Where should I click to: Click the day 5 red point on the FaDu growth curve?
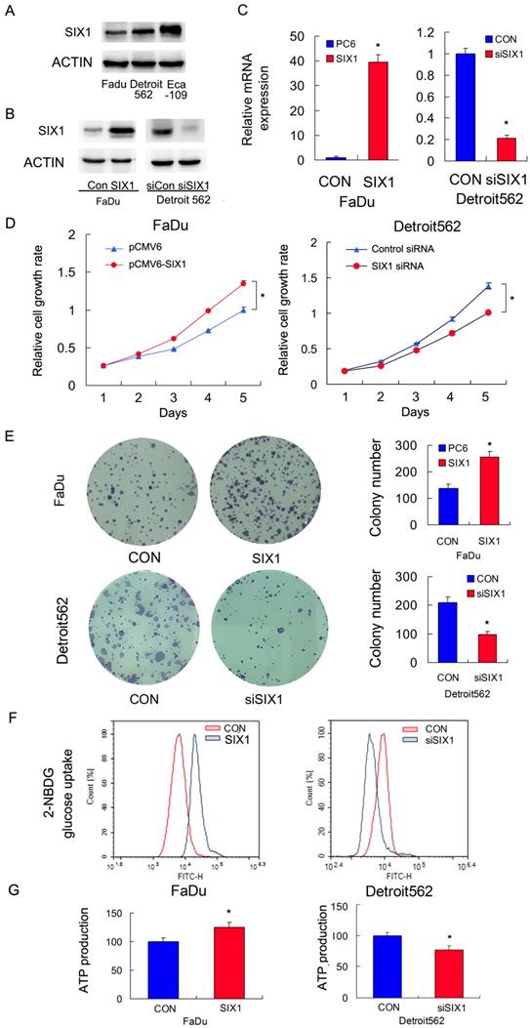[243, 283]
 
